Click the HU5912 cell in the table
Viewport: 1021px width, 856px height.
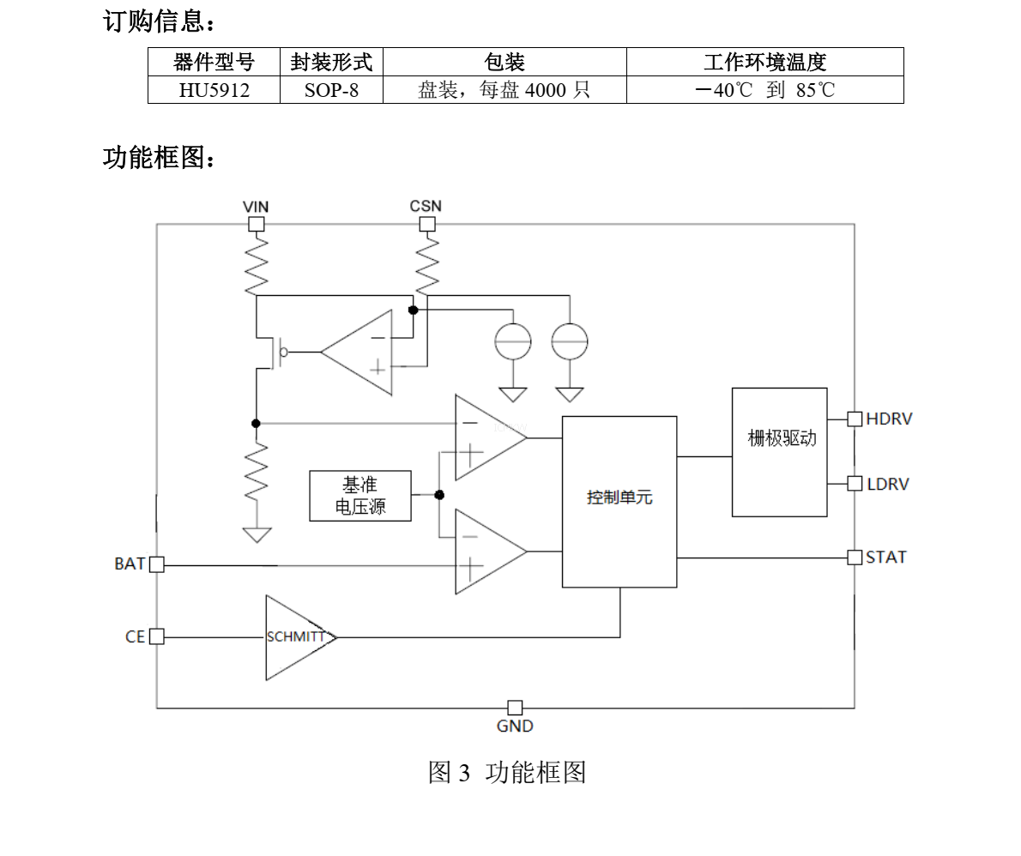[214, 90]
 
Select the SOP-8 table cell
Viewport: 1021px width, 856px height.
[331, 90]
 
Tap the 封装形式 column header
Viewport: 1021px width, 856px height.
[331, 62]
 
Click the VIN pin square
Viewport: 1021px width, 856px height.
[256, 225]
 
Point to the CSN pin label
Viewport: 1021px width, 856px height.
[426, 206]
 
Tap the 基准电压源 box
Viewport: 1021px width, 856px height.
[360, 496]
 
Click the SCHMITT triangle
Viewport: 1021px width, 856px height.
[296, 637]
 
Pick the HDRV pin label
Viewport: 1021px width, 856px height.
[889, 419]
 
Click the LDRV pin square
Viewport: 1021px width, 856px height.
[855, 483]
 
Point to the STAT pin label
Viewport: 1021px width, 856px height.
[885, 557]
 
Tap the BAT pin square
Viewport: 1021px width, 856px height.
[156, 564]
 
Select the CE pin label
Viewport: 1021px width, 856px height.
[135, 637]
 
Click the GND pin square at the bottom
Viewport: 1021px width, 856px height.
[515, 708]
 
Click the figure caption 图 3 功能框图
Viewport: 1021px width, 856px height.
[507, 772]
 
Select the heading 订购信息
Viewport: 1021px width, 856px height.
[159, 22]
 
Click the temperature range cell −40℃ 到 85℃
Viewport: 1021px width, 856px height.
[764, 90]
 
